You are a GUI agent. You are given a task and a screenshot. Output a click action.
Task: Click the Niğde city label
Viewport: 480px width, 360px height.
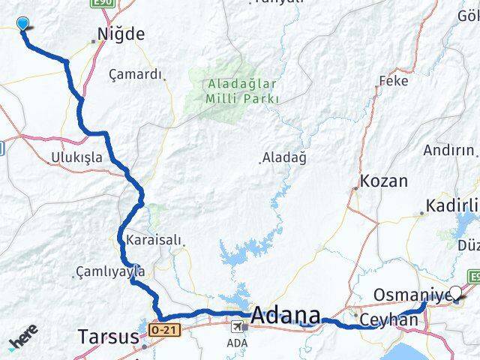pos(121,34)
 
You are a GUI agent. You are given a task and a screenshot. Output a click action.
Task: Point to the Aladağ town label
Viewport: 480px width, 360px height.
pos(284,157)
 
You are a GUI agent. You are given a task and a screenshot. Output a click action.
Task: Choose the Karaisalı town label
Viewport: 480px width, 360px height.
pos(154,240)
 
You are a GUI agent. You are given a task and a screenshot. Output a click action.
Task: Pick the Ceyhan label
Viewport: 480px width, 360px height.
pos(388,319)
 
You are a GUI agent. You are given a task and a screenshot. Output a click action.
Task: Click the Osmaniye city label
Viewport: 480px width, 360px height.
pos(411,294)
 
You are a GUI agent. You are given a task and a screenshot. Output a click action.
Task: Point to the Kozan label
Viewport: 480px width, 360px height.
pos(384,181)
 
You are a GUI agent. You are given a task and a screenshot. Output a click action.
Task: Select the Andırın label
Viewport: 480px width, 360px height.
pos(448,150)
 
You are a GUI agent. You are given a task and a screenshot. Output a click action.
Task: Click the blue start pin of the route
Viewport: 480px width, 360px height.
pos(23,24)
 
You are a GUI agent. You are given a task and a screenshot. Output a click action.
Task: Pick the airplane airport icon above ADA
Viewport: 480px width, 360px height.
pos(238,327)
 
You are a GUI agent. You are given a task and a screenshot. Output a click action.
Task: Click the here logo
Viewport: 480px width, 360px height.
pos(24,339)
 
